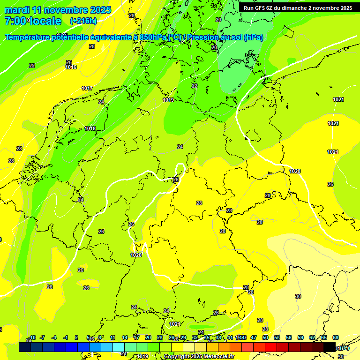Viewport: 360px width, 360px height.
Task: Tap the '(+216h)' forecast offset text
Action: (83, 21)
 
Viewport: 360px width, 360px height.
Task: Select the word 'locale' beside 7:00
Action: (45, 21)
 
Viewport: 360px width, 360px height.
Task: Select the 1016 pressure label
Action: (71, 67)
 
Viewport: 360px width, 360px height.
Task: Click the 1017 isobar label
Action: (87, 88)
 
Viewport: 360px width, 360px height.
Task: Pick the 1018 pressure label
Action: (90, 128)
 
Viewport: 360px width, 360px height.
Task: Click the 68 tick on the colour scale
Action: (336, 337)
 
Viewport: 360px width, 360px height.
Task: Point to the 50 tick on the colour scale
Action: (265, 337)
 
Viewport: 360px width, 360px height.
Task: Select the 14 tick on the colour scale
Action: (125, 337)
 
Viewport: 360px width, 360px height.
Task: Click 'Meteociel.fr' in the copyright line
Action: (219, 357)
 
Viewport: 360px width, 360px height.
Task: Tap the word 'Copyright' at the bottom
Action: (177, 357)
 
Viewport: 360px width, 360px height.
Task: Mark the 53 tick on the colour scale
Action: (277, 337)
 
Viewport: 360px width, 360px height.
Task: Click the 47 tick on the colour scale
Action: (254, 337)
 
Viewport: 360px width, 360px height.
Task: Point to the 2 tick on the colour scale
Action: (76, 337)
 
